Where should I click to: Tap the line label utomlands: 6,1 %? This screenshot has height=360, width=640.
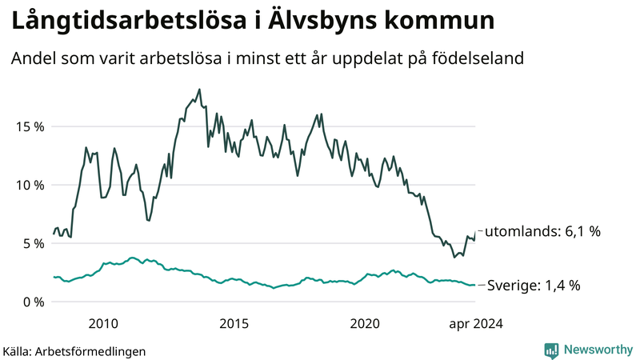543,232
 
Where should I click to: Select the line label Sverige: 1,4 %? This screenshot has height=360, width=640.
534,286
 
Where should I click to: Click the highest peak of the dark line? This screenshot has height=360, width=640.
198,90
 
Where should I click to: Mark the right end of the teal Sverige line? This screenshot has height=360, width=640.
475,285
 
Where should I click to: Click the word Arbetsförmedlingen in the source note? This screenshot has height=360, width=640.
91,350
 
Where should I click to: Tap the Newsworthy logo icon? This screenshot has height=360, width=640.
551,350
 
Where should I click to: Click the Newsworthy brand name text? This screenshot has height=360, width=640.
596,350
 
